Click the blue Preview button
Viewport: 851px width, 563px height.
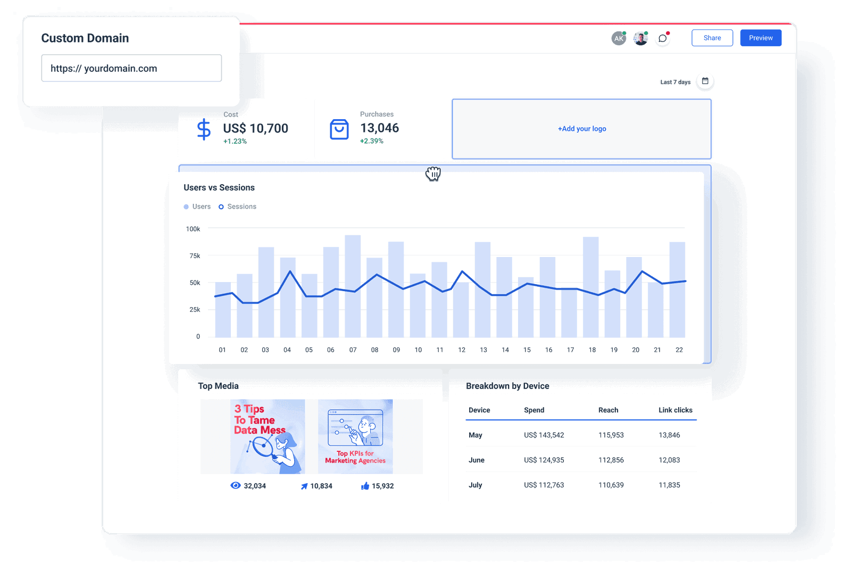(761, 38)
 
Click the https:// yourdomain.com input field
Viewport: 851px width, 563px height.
(131, 68)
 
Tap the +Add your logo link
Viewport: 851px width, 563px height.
(582, 129)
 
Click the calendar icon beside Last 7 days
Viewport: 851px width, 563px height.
(705, 81)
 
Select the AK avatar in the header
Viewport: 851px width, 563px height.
(618, 38)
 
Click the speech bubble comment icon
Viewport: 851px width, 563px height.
(662, 38)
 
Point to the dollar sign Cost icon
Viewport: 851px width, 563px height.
(204, 129)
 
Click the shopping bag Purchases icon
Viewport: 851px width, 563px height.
(339, 129)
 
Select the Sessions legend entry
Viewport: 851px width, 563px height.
(238, 206)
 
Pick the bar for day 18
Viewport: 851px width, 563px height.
(591, 287)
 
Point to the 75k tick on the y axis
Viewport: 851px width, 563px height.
(195, 256)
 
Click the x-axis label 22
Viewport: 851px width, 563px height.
(679, 350)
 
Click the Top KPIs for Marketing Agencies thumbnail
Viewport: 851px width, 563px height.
(355, 436)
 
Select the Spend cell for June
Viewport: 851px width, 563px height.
(544, 460)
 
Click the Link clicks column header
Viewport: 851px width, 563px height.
(675, 410)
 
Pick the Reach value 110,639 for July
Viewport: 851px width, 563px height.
(611, 485)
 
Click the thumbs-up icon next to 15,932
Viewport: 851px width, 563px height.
(365, 486)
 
